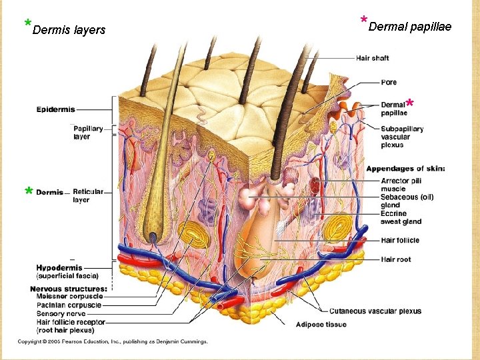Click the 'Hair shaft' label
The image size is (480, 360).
372,59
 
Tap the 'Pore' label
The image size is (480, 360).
389,83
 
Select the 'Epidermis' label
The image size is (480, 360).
55,109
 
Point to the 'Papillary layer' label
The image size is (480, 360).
88,133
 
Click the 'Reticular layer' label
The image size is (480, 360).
88,196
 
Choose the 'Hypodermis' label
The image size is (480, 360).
59,268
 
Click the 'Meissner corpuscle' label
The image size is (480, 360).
69,296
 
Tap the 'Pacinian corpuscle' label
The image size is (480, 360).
69,305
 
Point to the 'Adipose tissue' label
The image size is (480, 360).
322,325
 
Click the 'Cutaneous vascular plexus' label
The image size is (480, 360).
375,311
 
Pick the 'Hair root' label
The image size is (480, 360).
396,259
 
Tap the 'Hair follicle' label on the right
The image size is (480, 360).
400,241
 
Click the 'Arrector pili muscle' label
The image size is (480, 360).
401,185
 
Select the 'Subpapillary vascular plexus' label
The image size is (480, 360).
402,137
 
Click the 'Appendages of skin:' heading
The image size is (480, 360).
405,169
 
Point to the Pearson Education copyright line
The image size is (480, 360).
113,341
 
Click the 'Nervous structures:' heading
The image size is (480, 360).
68,288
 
